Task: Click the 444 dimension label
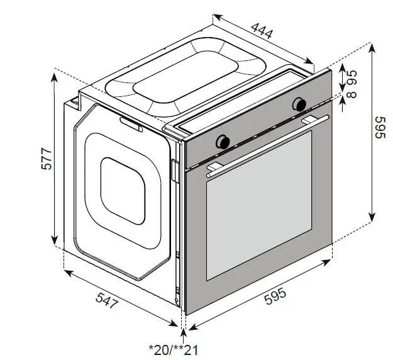[x=262, y=31]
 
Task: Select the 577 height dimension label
[x=47, y=159]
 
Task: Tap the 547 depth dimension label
[x=107, y=300]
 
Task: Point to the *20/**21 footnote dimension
[x=174, y=350]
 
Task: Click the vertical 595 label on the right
[x=379, y=127]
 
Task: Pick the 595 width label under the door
[x=275, y=296]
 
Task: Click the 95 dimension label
[x=351, y=77]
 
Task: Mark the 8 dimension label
[x=351, y=94]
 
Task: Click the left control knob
[x=223, y=142]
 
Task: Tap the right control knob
[x=299, y=104]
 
